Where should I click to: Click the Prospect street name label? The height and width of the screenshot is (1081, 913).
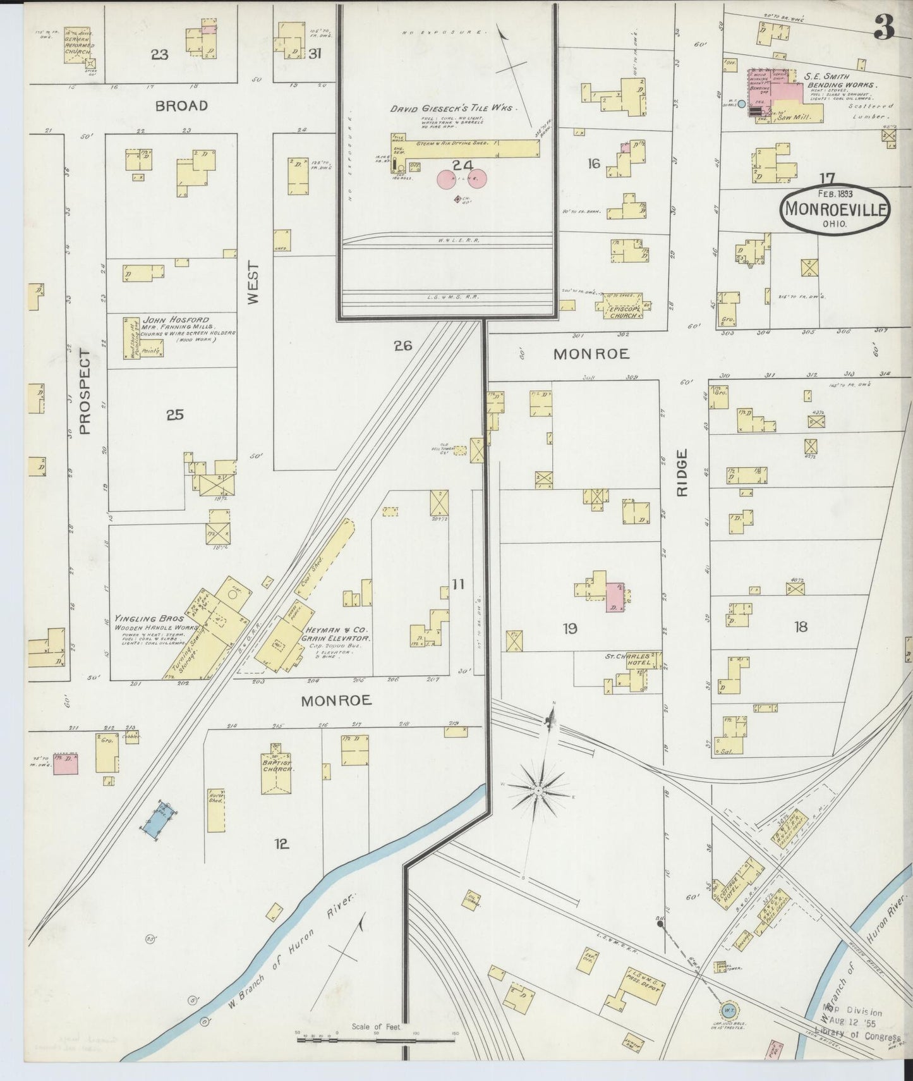85,393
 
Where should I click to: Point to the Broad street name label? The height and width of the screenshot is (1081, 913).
181,106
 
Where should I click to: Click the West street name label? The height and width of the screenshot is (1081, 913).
254,284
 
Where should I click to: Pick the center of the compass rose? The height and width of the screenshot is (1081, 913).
538,790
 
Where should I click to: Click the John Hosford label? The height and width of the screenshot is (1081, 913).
176,320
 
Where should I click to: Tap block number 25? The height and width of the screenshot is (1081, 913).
174,415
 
